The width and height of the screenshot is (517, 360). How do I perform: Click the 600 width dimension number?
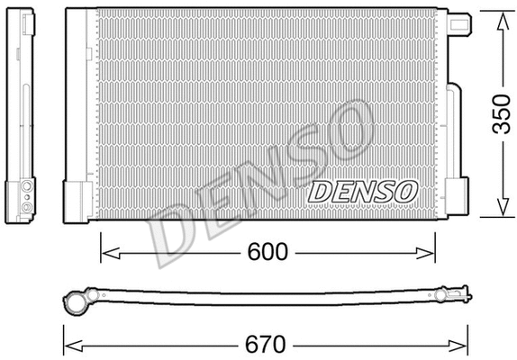pos(267,252)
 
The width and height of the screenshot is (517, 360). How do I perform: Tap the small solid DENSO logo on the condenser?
pos(363,190)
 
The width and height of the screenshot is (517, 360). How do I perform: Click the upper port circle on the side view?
pos(27,185)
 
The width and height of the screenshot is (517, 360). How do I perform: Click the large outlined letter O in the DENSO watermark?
pos(347,126)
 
